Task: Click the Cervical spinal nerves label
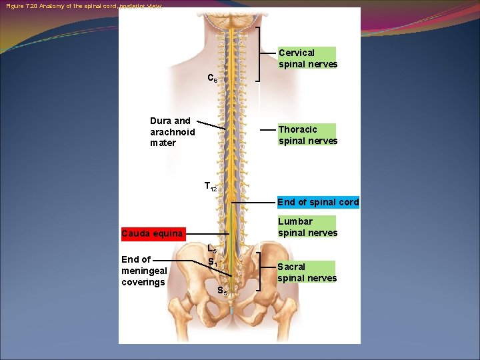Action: click(307, 59)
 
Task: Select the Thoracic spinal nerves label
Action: click(307, 135)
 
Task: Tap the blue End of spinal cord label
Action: click(317, 202)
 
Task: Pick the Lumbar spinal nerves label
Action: click(307, 227)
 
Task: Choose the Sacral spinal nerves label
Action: click(307, 273)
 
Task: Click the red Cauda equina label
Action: click(152, 233)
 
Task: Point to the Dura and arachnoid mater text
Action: click(172, 131)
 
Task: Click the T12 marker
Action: click(210, 187)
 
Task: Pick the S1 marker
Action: click(211, 262)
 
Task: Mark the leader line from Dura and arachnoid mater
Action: click(211, 125)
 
